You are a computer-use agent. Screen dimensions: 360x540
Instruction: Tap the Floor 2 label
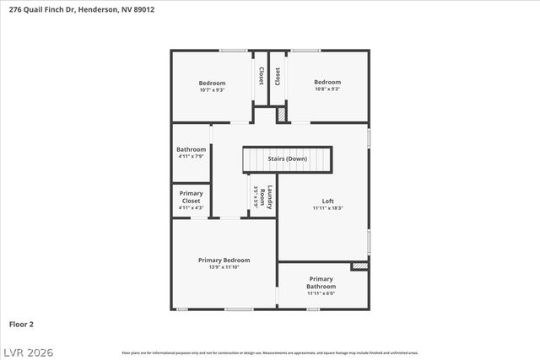pyautogui.click(x=21, y=323)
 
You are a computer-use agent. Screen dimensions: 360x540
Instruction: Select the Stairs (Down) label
pyautogui.click(x=287, y=159)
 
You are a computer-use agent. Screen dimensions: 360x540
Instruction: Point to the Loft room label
pyautogui.click(x=327, y=201)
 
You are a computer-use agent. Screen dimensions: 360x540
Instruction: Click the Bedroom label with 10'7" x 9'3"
pyautogui.click(x=212, y=83)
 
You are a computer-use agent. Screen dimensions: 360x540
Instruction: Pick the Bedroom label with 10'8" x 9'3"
pyautogui.click(x=327, y=83)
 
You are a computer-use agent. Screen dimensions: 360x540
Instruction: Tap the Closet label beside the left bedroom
pyautogui.click(x=261, y=76)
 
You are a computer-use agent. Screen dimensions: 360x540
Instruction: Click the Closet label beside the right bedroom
pyautogui.click(x=278, y=76)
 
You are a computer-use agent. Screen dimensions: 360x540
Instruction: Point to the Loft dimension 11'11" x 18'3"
pyautogui.click(x=327, y=207)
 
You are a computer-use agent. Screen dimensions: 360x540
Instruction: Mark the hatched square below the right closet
pyautogui.click(x=282, y=113)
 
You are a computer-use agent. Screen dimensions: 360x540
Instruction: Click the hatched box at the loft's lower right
pyautogui.click(x=359, y=266)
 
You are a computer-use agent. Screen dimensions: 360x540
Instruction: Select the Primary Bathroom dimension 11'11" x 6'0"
pyautogui.click(x=321, y=293)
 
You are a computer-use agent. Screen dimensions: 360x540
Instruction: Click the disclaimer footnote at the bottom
pyautogui.click(x=270, y=352)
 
